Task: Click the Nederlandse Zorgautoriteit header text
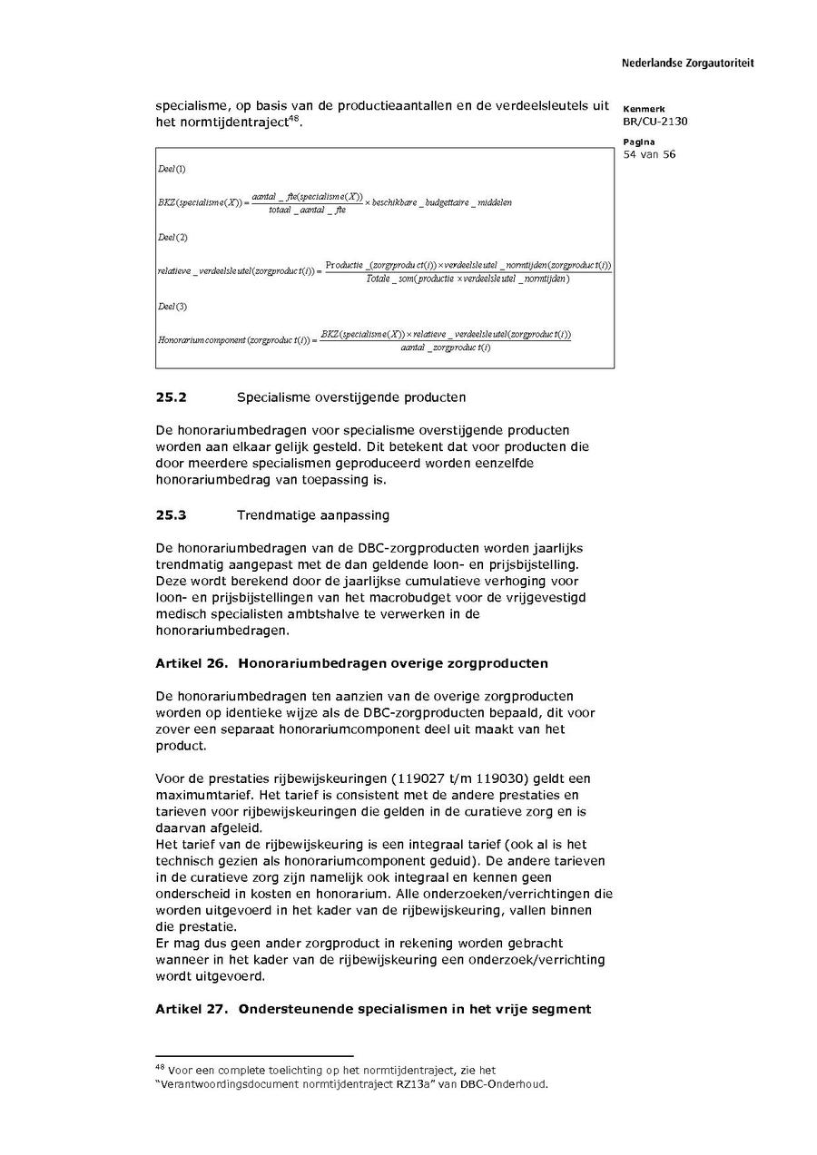[x=687, y=64]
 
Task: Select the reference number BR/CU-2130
[x=655, y=122]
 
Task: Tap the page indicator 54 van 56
[x=649, y=154]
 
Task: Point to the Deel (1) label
[x=172, y=170]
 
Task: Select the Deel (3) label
[x=172, y=307]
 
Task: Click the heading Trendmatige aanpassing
[x=312, y=515]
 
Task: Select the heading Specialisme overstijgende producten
[x=351, y=397]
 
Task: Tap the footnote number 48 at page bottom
[x=160, y=1068]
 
